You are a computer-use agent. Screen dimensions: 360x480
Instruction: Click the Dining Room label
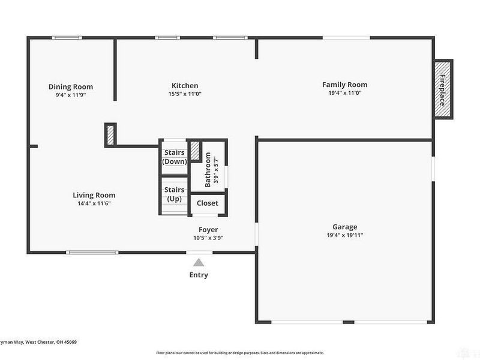coord(71,86)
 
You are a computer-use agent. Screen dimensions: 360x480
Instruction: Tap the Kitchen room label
coord(185,85)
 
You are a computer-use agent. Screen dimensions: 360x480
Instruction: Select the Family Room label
coord(345,85)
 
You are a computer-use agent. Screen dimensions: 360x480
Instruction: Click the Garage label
coord(345,227)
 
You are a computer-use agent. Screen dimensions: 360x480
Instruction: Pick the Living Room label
coord(94,195)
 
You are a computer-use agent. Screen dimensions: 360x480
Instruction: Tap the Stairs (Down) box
coord(175,157)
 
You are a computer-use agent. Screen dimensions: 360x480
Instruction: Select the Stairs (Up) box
coord(175,194)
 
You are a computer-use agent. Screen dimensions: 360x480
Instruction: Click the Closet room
coord(208,203)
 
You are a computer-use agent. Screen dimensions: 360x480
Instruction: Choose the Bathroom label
coord(208,171)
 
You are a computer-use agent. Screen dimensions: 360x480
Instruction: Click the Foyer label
coord(208,230)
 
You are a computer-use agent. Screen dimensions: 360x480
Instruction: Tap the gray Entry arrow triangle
coord(199,262)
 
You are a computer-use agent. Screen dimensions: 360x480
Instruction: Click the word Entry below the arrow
coord(199,275)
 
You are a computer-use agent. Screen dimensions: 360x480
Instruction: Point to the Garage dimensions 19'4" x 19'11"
coord(345,235)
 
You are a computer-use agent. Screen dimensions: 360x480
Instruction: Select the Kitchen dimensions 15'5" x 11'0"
coord(185,94)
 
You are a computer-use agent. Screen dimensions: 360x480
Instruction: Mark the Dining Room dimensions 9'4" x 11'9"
coord(71,95)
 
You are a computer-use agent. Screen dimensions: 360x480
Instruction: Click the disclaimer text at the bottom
coord(240,353)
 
